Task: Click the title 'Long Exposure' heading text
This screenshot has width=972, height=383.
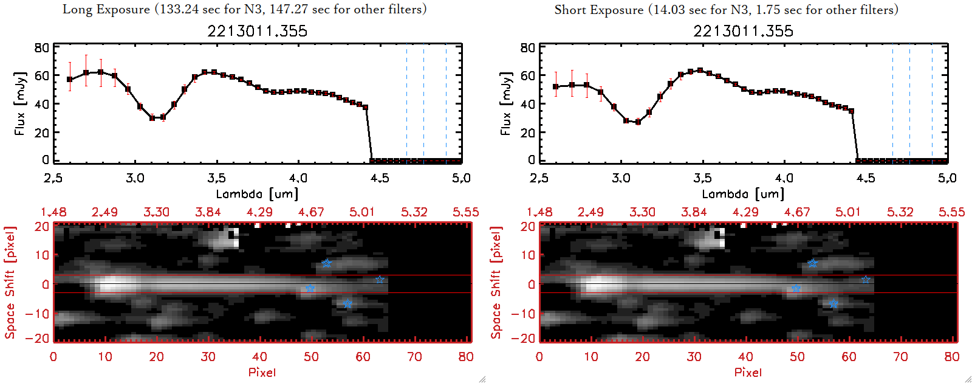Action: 106,9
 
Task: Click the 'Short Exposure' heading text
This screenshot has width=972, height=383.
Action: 598,10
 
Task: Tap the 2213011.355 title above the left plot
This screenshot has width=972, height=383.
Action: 257,31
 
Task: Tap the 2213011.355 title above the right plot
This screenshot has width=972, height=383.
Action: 743,31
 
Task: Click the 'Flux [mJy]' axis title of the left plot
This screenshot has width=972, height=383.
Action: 20,103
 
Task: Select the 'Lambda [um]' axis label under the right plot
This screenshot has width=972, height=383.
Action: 743,194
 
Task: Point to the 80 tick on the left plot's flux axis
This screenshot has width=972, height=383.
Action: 41,48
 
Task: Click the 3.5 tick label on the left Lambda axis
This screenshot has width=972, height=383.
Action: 216,178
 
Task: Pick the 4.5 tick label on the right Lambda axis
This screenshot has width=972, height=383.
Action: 866,178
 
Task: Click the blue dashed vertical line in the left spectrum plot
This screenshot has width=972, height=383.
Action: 446,103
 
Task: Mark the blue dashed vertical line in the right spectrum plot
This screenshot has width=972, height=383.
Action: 932,103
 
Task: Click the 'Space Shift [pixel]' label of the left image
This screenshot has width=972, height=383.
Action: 10,283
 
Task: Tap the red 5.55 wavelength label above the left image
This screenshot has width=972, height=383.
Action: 465,212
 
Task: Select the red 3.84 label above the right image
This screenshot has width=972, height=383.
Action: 694,212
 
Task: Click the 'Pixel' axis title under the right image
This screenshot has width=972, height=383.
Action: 748,372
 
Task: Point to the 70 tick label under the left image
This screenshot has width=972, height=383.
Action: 414,357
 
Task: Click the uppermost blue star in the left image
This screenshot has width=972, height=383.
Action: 327,263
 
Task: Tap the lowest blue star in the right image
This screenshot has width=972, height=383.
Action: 833,303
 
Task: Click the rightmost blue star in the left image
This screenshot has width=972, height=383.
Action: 380,280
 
